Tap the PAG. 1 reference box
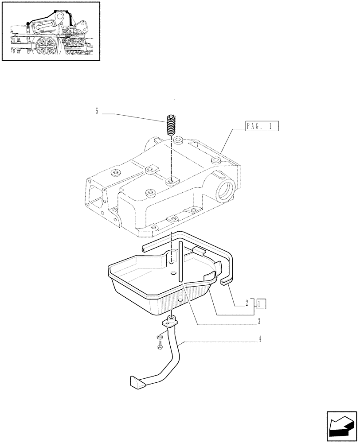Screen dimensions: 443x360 [x=262, y=126]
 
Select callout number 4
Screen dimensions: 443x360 [x=260, y=340]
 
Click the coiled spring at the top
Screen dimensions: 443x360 [x=171, y=126]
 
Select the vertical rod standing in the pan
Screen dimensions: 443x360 [x=180, y=261]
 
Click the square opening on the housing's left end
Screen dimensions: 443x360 [x=96, y=194]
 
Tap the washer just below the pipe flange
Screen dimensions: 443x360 [x=160, y=337]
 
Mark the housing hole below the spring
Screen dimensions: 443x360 [x=171, y=181]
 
